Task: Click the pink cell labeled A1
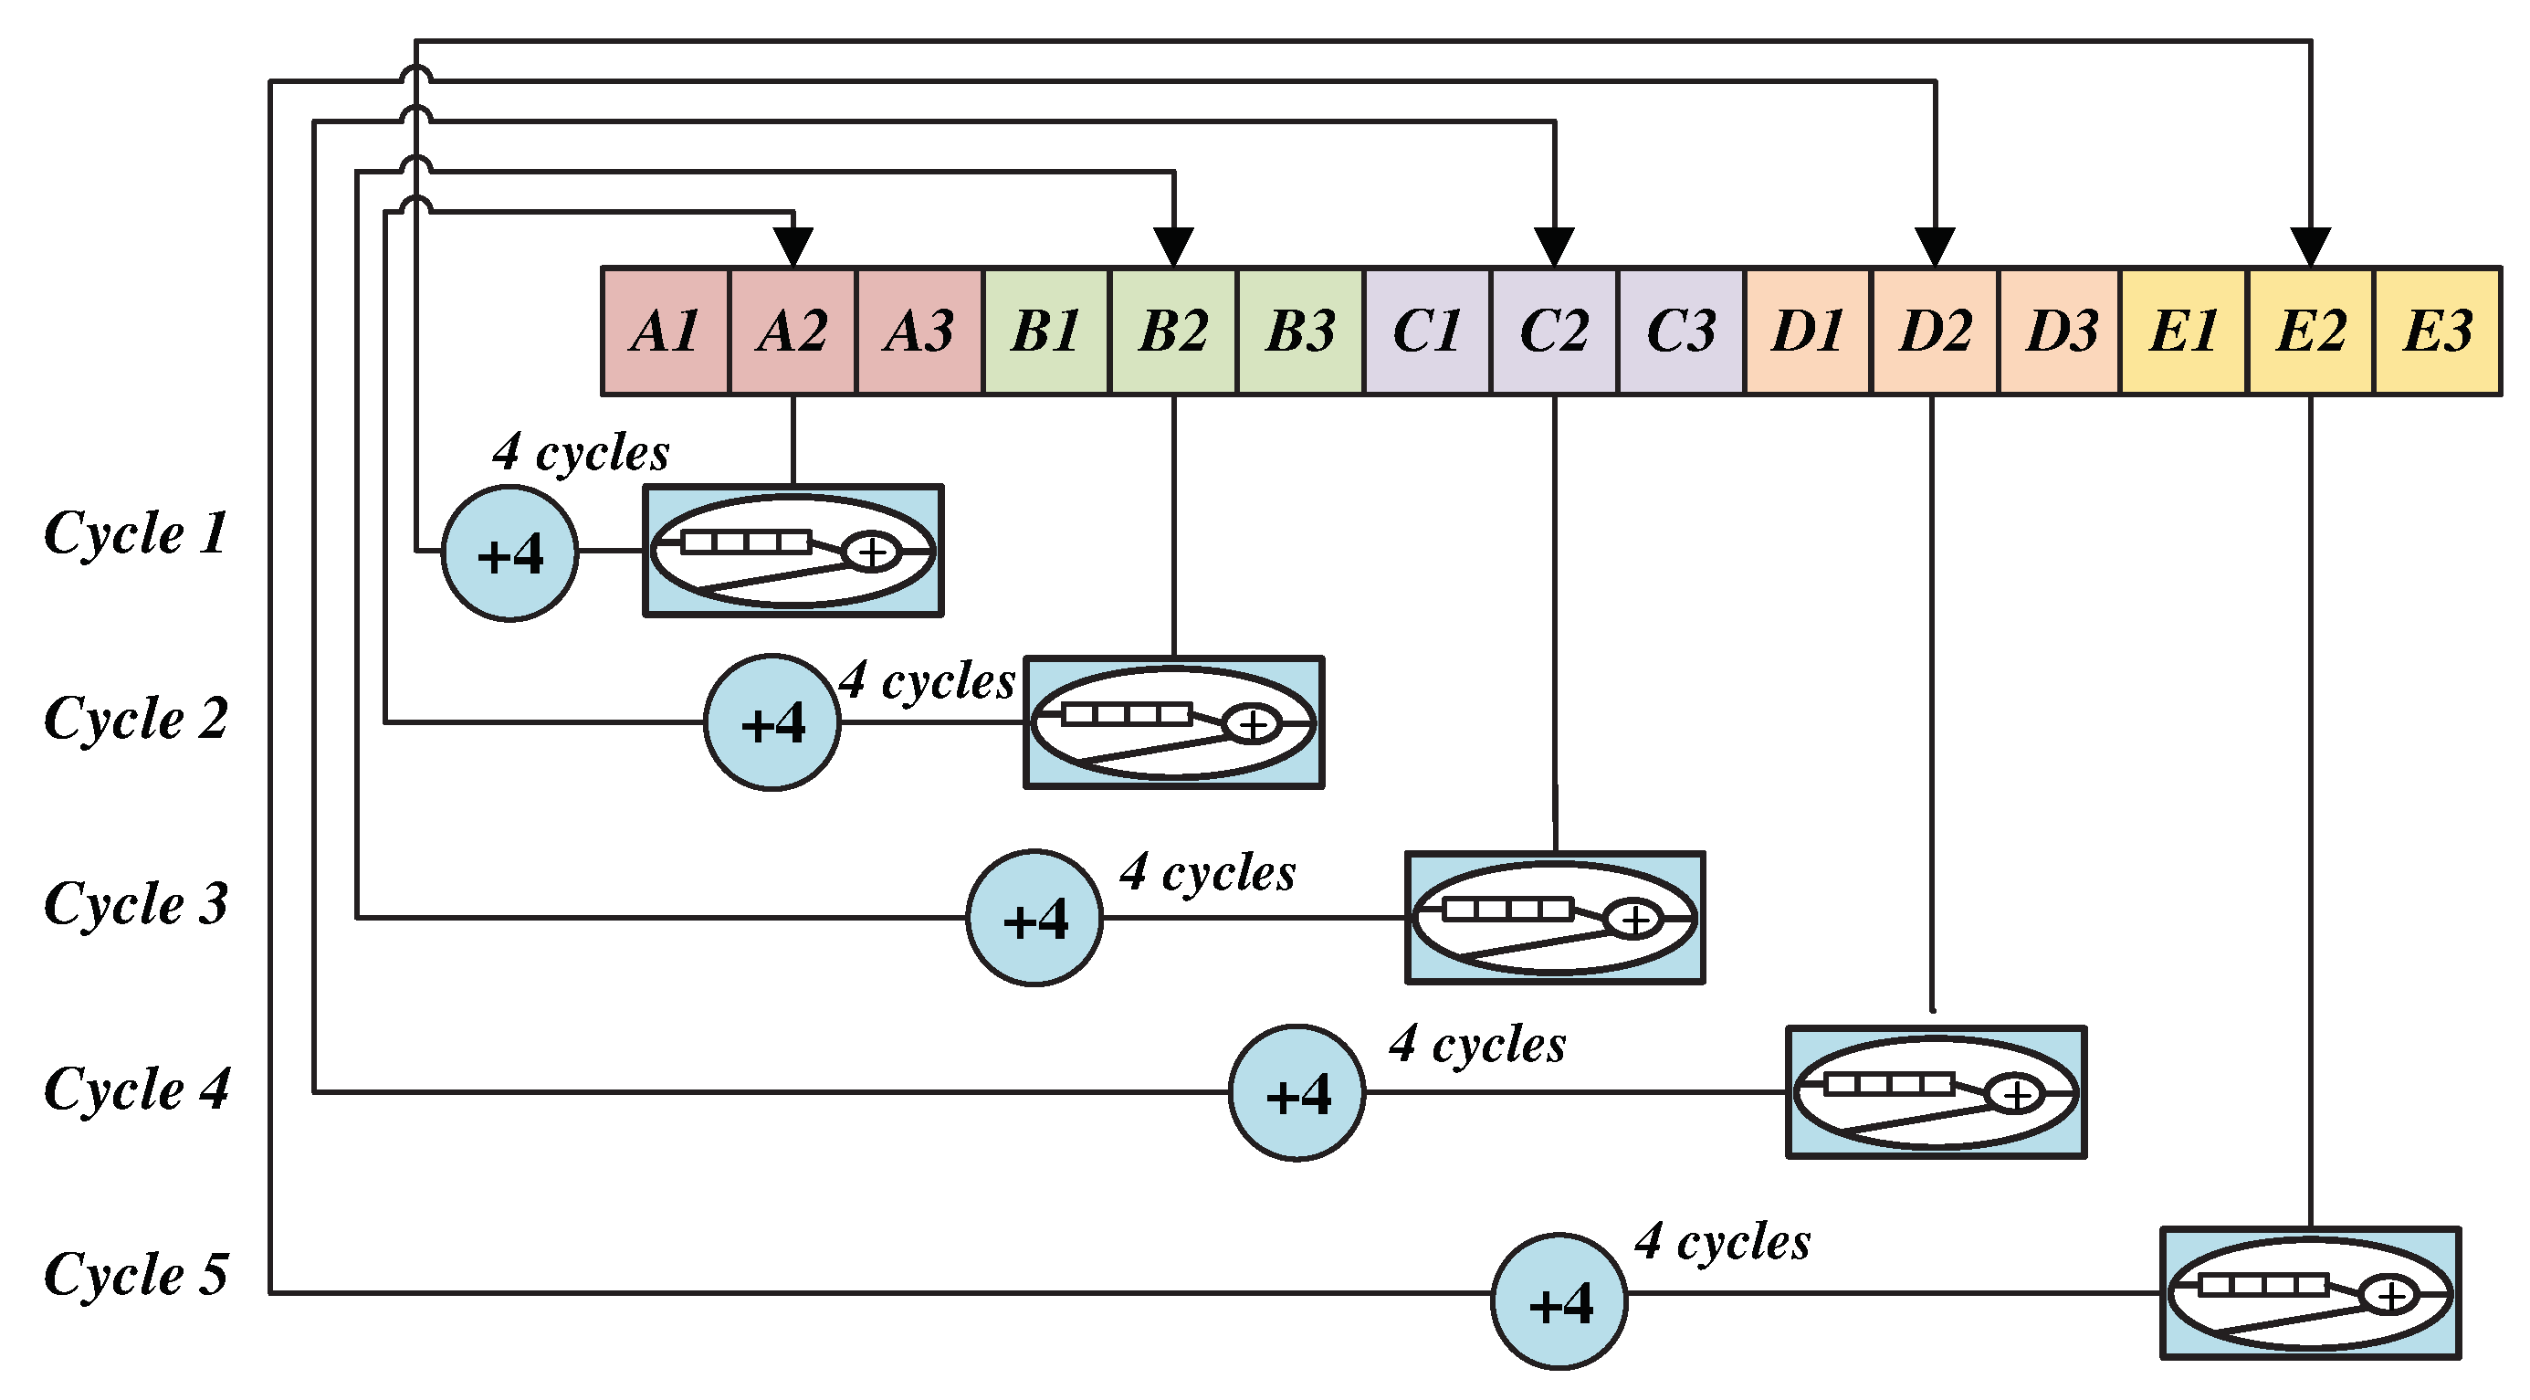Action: pos(665,332)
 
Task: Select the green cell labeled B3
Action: pos(1300,332)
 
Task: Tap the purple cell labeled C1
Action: pos(1427,332)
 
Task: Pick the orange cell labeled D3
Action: pos(2061,332)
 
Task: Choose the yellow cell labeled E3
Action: pos(2437,332)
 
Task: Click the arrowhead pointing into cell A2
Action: pos(793,246)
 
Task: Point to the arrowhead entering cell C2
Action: pos(1554,246)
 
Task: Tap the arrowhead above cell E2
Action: pos(2310,246)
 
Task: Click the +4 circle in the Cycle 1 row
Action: pos(509,553)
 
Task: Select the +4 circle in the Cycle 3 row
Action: pos(1034,918)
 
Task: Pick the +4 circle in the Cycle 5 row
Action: pos(1559,1301)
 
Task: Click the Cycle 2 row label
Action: pos(135,718)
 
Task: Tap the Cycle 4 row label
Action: pos(135,1089)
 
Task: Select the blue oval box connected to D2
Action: pos(1935,1092)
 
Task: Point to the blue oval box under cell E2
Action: pos(2310,1293)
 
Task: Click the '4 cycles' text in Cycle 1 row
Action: pos(581,453)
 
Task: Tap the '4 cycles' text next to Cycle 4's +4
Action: pos(1477,1045)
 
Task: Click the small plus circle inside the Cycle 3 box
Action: pos(1633,919)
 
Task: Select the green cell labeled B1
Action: pos(1046,332)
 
